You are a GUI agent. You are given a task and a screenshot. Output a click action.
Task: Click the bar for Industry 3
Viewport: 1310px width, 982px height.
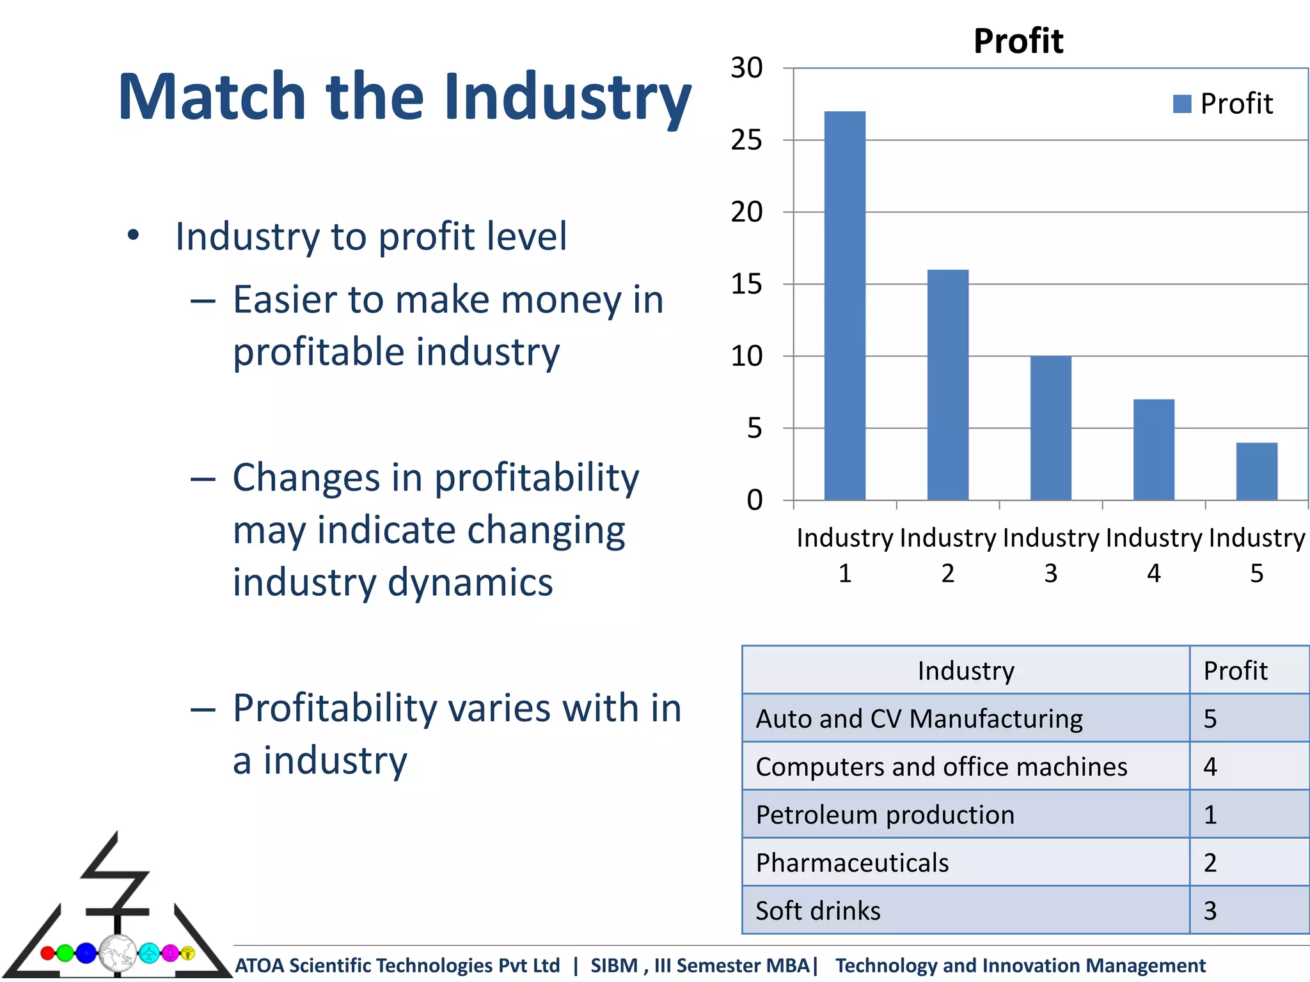1050,428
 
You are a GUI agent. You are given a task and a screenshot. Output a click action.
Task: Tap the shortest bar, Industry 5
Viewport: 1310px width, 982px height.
1256,471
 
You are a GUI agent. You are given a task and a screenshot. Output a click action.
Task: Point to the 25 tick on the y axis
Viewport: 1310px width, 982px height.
746,140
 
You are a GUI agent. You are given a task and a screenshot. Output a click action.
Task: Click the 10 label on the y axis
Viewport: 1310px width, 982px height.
746,356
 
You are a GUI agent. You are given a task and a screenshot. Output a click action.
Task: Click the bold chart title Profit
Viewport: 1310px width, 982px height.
1018,41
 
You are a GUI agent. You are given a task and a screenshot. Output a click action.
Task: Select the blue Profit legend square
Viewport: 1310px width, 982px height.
1181,104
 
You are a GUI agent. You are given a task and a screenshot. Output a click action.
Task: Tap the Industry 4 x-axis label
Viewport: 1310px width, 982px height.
1153,555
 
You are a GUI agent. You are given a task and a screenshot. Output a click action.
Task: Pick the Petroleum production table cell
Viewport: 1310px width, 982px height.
885,814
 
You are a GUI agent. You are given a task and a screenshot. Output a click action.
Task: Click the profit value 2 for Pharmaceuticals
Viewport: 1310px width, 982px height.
1210,862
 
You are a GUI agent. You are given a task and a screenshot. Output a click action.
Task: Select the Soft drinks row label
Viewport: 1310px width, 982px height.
817,910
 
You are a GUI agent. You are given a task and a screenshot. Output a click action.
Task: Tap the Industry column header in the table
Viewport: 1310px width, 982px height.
965,671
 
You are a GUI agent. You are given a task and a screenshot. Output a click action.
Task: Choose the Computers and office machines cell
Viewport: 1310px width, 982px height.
941,767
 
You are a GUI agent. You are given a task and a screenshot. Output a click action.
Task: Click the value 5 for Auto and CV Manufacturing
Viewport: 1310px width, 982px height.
1210,719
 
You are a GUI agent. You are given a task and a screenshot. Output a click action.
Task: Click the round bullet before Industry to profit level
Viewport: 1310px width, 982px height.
132,235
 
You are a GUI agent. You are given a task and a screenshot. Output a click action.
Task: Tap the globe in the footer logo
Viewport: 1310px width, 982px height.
117,953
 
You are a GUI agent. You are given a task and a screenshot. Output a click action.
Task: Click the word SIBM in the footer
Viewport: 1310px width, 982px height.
613,965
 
